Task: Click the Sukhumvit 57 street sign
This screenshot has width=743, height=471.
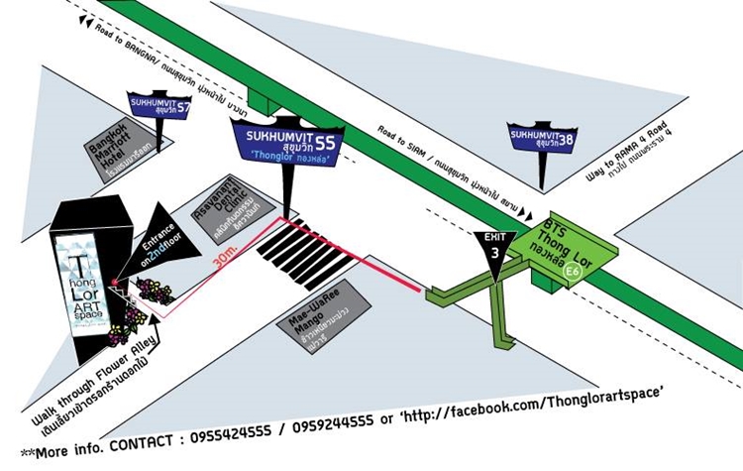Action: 159,105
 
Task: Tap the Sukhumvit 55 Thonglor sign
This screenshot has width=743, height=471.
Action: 289,139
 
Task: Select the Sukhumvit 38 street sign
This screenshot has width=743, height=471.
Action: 541,138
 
